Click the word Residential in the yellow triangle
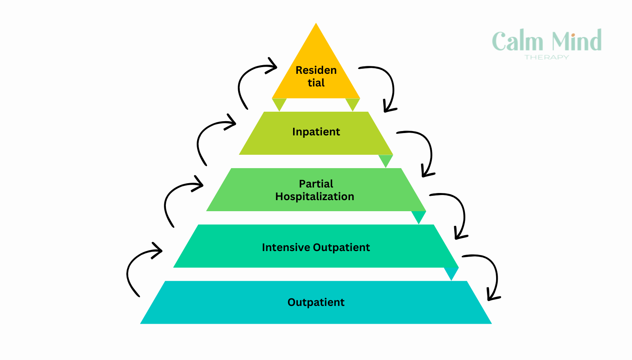pos(316,76)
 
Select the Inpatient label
pos(316,132)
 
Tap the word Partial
pos(316,184)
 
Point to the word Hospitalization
pos(315,197)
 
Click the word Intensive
pos(286,247)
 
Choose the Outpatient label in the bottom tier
pos(316,302)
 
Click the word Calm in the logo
pos(517,41)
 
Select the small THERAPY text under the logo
pos(547,57)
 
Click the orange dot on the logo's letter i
pos(573,35)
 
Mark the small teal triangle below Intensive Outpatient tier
pos(451,273)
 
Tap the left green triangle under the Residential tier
pos(279,103)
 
